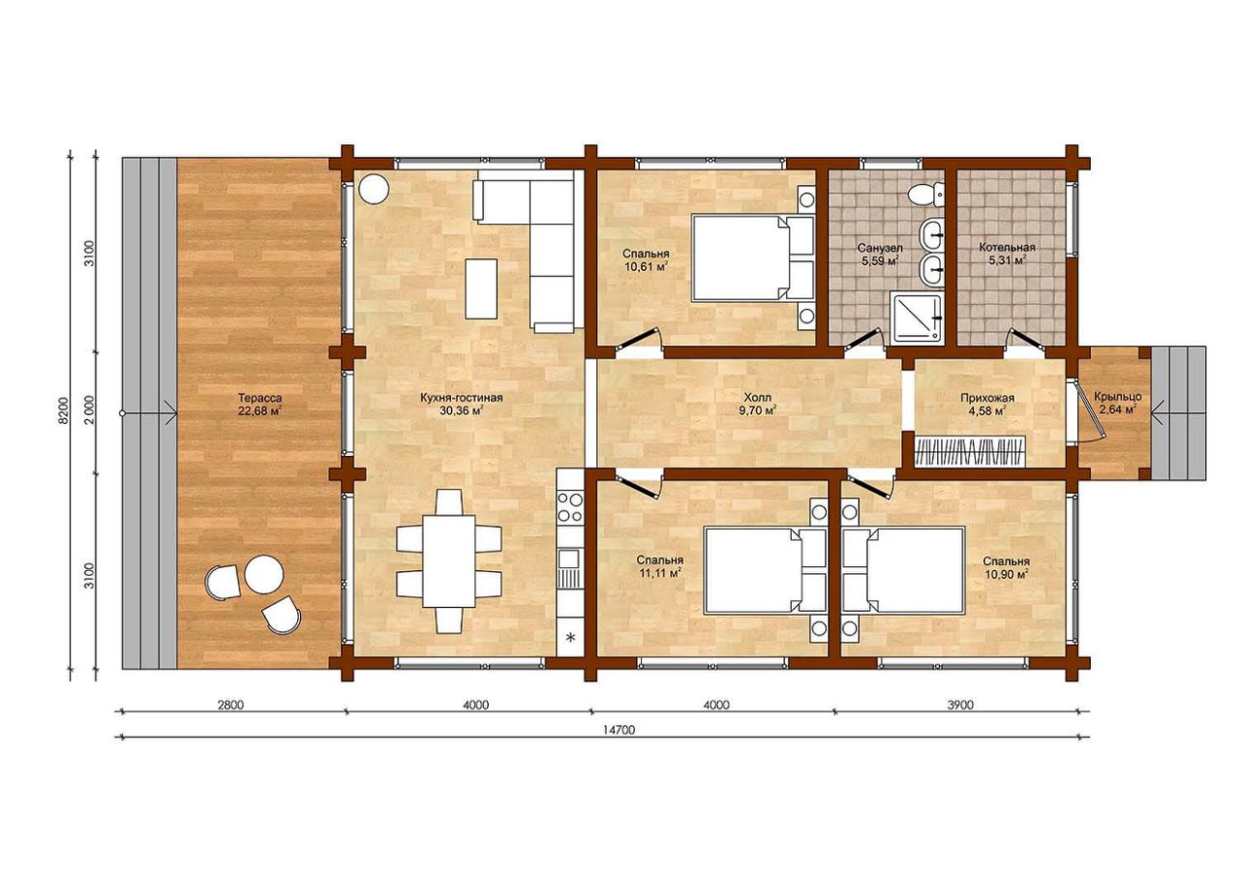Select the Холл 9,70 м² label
[x=757, y=404]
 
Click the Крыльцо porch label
[x=1117, y=397]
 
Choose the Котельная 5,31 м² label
[x=1007, y=254]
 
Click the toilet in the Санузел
[x=926, y=194]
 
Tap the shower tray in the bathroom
[x=916, y=317]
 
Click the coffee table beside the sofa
[x=481, y=288]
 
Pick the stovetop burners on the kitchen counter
[x=570, y=507]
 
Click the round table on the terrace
[x=264, y=575]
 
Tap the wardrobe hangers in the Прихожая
[x=968, y=452]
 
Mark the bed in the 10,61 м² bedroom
[x=753, y=258]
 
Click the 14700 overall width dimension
[x=622, y=729]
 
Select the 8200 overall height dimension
[x=65, y=409]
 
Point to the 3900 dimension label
[x=959, y=705]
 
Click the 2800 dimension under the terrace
[x=230, y=705]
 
